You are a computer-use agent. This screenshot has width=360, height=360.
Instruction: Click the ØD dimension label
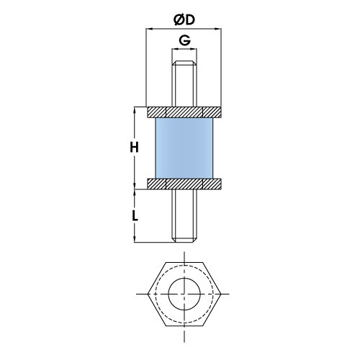pyautogui.click(x=184, y=15)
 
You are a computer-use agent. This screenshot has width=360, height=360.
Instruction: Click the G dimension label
pyautogui.click(x=184, y=40)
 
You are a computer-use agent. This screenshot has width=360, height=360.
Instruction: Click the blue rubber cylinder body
pyautogui.click(x=184, y=148)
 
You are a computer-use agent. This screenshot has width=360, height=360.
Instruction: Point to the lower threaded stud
pyautogui.click(x=184, y=216)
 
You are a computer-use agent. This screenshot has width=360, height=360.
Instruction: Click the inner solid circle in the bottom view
pyautogui.click(x=184, y=294)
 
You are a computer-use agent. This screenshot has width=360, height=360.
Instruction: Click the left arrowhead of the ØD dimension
pyautogui.click(x=149, y=28)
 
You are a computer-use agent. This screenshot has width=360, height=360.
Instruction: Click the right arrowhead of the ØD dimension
pyautogui.click(x=219, y=28)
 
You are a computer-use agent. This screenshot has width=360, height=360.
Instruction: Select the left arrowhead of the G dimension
pyautogui.click(x=174, y=51)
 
